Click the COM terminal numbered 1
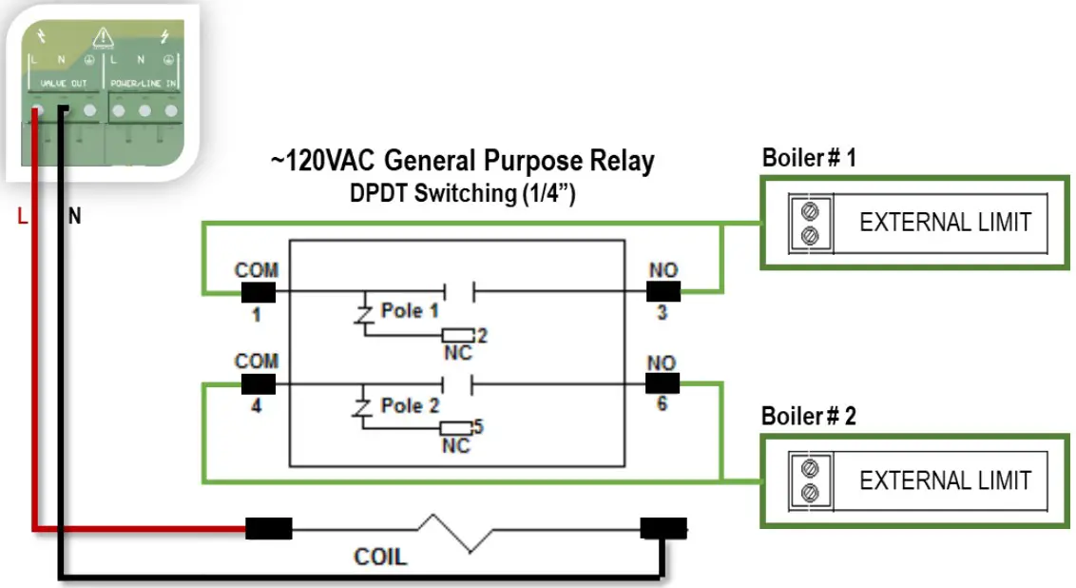pyautogui.click(x=257, y=292)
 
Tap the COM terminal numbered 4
pyautogui.click(x=257, y=384)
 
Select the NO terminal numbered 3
pyautogui.click(x=663, y=292)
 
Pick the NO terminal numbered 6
pyautogui.click(x=663, y=383)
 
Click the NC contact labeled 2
pyautogui.click(x=458, y=335)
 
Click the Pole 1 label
pyautogui.click(x=410, y=311)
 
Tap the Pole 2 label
pyautogui.click(x=410, y=405)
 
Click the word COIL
pyautogui.click(x=379, y=556)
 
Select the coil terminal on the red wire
pyautogui.click(x=269, y=528)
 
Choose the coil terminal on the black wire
pyautogui.click(x=663, y=529)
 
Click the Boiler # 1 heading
pyautogui.click(x=809, y=158)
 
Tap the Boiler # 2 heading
pyautogui.click(x=809, y=417)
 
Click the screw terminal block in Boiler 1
pyautogui.click(x=811, y=222)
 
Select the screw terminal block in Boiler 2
pyautogui.click(x=811, y=480)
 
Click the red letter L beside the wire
pyautogui.click(x=22, y=217)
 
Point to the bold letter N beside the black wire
pyautogui.click(x=74, y=217)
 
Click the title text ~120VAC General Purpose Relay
pyautogui.click(x=462, y=161)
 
